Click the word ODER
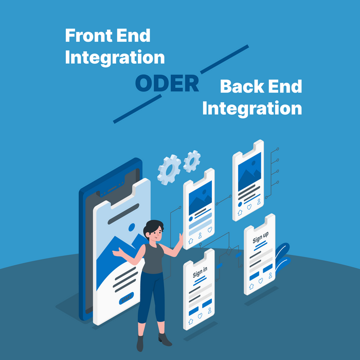167,84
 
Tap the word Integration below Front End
115,57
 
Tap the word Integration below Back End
251,109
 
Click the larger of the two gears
169,170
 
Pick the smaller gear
192,160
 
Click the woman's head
153,230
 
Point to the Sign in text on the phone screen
200,273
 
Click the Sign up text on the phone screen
260,239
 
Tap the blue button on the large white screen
126,298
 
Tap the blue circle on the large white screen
132,226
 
